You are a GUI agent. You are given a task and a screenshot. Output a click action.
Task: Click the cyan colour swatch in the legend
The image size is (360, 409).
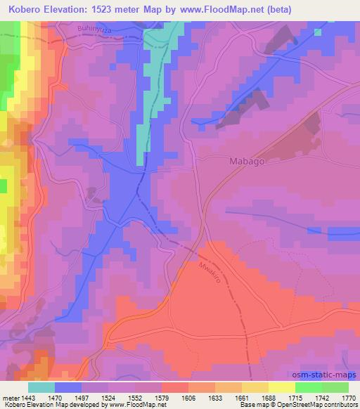41,387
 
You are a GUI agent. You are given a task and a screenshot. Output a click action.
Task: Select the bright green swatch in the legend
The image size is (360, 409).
309,387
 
